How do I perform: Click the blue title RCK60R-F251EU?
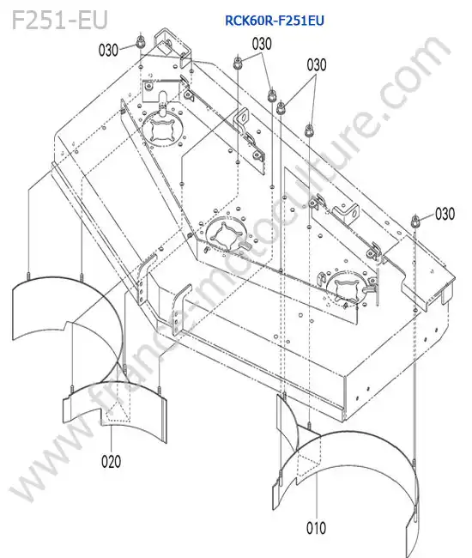[275, 21]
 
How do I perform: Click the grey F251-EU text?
[60, 20]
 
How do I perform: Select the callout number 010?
[316, 528]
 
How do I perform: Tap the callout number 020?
[111, 461]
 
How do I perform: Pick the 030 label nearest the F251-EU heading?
[108, 50]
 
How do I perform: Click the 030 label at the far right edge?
[445, 214]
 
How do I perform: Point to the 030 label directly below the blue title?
[262, 44]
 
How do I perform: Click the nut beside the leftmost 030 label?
[141, 43]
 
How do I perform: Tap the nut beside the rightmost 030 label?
[415, 221]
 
